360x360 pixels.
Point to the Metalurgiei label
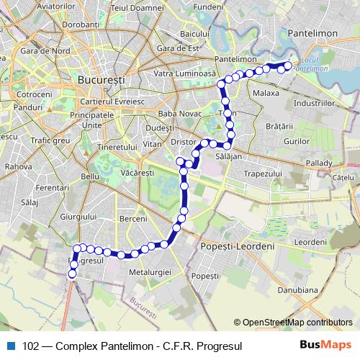[150, 272]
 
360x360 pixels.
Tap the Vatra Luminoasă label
[185, 73]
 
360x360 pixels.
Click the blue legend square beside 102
[10, 346]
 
